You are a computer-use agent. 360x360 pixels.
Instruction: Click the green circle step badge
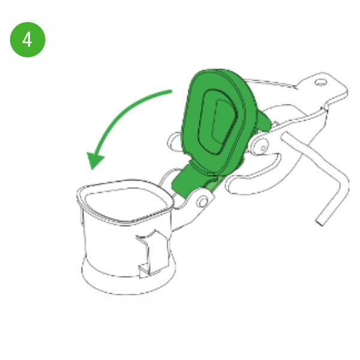tap(28, 40)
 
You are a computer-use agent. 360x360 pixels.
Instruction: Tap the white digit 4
tap(28, 40)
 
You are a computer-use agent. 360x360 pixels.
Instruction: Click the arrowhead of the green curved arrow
tap(95, 160)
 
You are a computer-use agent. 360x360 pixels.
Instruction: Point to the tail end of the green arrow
tap(170, 92)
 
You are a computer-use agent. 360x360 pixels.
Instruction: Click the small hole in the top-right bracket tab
tap(320, 82)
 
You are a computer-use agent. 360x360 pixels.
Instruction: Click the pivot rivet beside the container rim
tap(202, 202)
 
